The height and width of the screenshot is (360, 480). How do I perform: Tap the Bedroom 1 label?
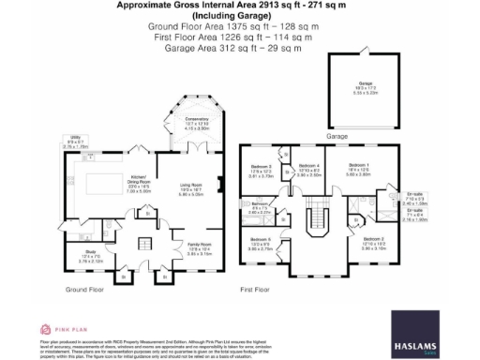(360, 170)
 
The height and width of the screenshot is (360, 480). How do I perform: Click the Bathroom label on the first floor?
(260, 207)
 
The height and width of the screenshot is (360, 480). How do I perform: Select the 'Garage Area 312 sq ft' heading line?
(240, 45)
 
